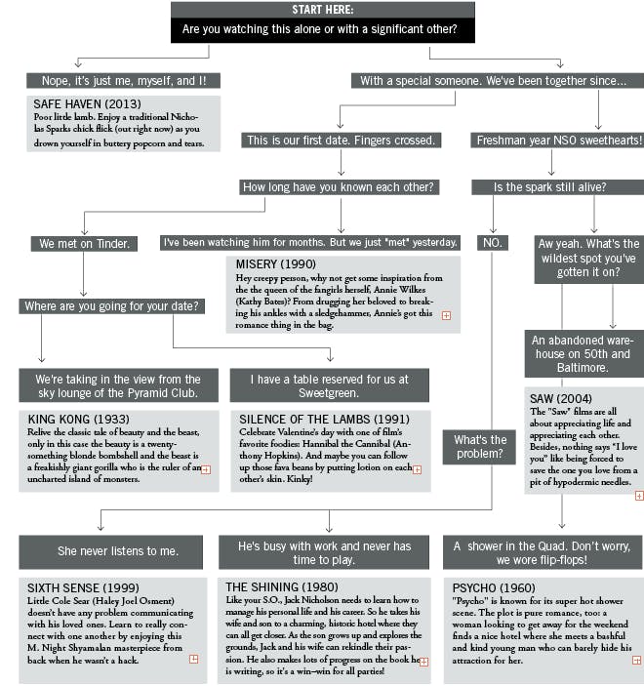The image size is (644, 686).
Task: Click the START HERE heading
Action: [322, 10]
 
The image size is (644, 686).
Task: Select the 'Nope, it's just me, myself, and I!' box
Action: [123, 81]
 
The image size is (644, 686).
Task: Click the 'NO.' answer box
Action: [493, 243]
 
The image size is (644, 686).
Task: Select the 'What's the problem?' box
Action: [479, 447]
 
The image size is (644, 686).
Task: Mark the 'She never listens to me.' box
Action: [117, 550]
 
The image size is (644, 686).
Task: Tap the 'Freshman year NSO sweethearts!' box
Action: [559, 141]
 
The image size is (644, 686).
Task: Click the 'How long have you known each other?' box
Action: [339, 187]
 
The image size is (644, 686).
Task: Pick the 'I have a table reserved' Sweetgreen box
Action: [329, 385]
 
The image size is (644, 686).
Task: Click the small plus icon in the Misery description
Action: [446, 315]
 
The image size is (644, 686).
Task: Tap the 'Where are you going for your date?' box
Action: [113, 306]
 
